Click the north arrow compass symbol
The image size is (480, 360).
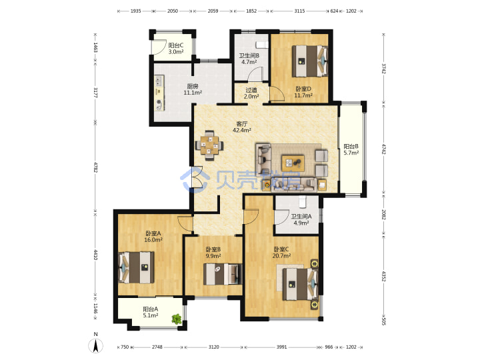pos(95,345)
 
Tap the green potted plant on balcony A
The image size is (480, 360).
pos(177,319)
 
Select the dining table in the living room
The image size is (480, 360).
pos(209,145)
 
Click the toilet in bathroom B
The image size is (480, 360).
pos(262,45)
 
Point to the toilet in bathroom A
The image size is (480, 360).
pos(302,201)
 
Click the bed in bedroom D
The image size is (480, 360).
pos(309,61)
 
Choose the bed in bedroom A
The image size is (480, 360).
pos(136,267)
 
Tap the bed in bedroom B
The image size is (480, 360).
pos(223,274)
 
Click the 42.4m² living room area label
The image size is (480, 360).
pos(242,130)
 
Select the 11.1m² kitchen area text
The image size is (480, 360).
pos(193,93)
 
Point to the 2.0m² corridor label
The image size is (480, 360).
pos(251,97)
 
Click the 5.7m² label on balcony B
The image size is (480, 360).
pos(351,153)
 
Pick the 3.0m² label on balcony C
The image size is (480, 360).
pos(176,52)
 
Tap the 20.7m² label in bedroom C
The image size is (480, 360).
pos(281,255)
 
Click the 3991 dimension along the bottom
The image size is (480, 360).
pos(281,347)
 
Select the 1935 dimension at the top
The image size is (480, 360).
pos(135,11)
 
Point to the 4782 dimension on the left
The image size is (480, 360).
pos(95,167)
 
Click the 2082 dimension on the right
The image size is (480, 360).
pos(384,214)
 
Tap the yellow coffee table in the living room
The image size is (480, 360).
pos(293,163)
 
